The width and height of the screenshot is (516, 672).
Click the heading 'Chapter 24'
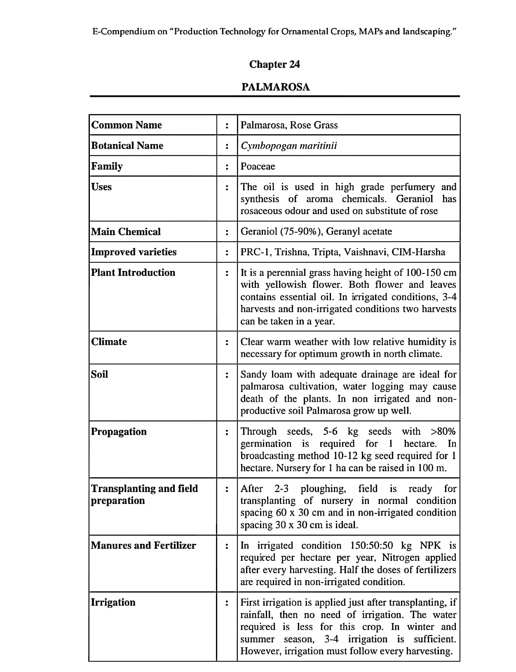pyautogui.click(x=274, y=64)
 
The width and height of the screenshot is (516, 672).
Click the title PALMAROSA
pyautogui.click(x=275, y=87)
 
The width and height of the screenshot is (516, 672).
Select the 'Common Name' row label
pyautogui.click(x=127, y=125)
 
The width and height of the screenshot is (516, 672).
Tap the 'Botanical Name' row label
pyautogui.click(x=127, y=145)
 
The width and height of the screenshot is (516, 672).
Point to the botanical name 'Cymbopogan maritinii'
pyautogui.click(x=288, y=146)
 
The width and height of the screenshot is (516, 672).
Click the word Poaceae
pyautogui.click(x=258, y=166)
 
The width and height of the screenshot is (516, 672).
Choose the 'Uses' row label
pyautogui.click(x=101, y=187)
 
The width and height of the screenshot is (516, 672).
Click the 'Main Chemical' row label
pyautogui.click(x=126, y=231)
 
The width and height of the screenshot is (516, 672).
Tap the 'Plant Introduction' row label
pyautogui.click(x=133, y=272)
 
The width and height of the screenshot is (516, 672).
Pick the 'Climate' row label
pyautogui.click(x=109, y=341)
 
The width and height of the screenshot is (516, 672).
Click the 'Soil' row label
pyautogui.click(x=99, y=374)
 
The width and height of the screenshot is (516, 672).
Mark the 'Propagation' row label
pyautogui.click(x=119, y=432)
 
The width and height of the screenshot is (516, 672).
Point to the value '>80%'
pyautogui.click(x=443, y=432)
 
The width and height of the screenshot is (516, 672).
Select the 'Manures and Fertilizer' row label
pyautogui.click(x=143, y=545)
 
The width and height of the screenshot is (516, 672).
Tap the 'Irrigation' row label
pyautogui.click(x=113, y=602)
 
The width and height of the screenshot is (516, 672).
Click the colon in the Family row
pyautogui.click(x=227, y=167)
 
